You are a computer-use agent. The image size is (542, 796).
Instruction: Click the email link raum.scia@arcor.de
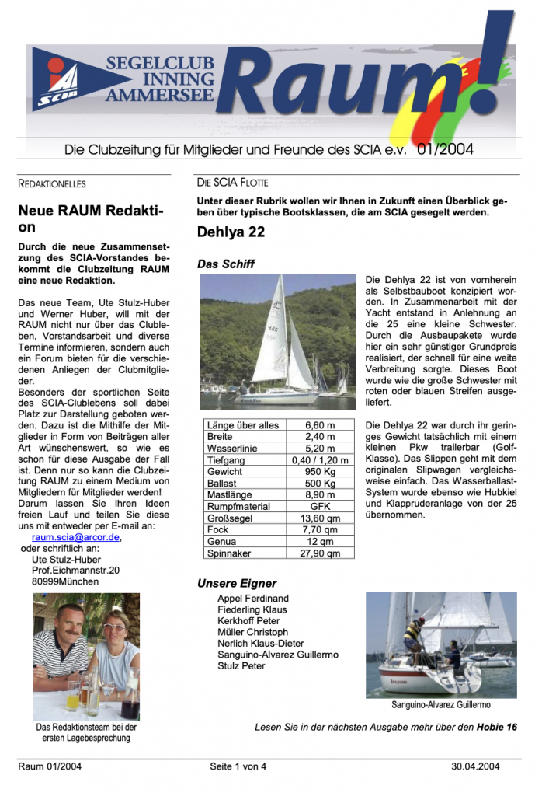pyautogui.click(x=76, y=537)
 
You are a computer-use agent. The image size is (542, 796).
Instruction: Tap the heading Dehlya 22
pyautogui.click(x=231, y=232)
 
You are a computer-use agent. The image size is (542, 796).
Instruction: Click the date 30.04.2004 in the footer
pyautogui.click(x=475, y=766)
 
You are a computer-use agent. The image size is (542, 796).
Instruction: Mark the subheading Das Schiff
pyautogui.click(x=226, y=264)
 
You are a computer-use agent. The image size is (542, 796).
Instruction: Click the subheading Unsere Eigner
pyautogui.click(x=237, y=583)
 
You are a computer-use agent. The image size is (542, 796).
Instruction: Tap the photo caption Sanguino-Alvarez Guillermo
pyautogui.click(x=441, y=705)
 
